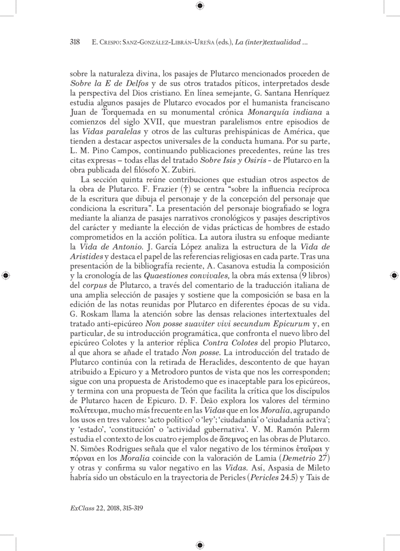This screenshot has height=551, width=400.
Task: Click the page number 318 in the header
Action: coord(74,43)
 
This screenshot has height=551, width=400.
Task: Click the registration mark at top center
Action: coord(199,5)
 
